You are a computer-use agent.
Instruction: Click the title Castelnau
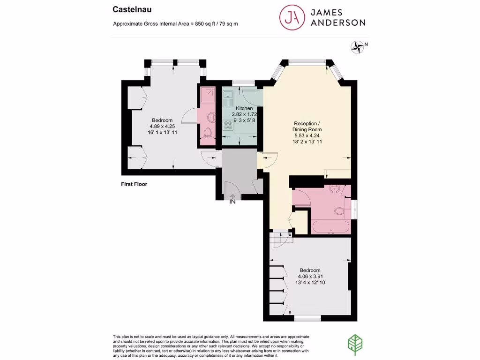(x=128, y=9)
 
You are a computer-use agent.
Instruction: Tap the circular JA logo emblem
(x=291, y=17)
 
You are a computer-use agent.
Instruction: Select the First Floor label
(x=134, y=184)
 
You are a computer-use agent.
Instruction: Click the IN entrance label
(x=232, y=202)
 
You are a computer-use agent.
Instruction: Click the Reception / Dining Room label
(x=307, y=127)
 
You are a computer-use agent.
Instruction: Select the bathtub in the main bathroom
(x=331, y=227)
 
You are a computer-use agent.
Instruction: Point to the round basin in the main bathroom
(x=335, y=189)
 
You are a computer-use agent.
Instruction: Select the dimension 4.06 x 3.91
(x=310, y=277)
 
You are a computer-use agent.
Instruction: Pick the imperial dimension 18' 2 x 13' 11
(x=307, y=141)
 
